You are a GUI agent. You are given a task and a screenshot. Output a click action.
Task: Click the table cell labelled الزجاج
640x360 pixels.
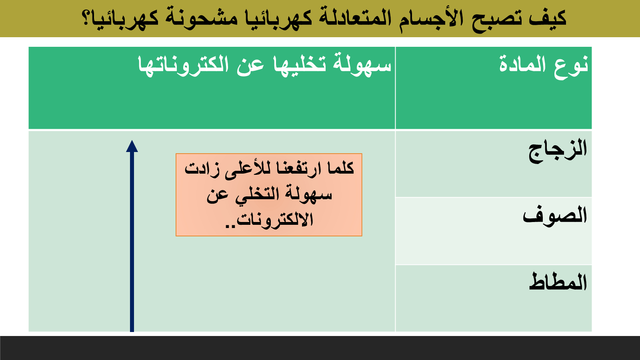pos(494,164)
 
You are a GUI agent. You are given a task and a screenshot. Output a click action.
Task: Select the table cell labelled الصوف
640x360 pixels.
pos(494,231)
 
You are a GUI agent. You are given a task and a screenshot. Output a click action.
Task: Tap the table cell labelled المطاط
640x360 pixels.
pos(494,298)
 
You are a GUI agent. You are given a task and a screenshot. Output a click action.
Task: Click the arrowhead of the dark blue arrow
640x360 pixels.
pos(132,146)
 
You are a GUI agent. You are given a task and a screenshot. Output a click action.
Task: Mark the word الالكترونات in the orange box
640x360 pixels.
pos(274,220)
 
